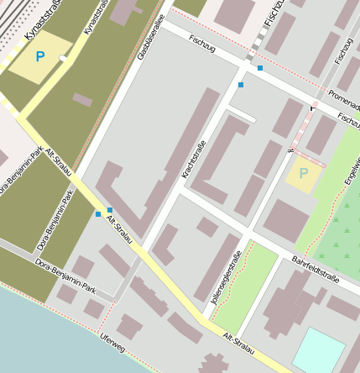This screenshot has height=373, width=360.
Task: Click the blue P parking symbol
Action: pyautogui.click(x=39, y=57)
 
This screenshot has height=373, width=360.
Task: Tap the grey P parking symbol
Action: pyautogui.click(x=303, y=173)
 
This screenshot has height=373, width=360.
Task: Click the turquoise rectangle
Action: pyautogui.click(x=318, y=349)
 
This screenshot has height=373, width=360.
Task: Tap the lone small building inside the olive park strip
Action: pyautogui.click(x=82, y=100)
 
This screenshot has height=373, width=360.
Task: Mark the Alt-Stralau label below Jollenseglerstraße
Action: pyautogui.click(x=239, y=339)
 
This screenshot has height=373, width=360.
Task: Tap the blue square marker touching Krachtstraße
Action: pyautogui.click(x=241, y=85)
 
